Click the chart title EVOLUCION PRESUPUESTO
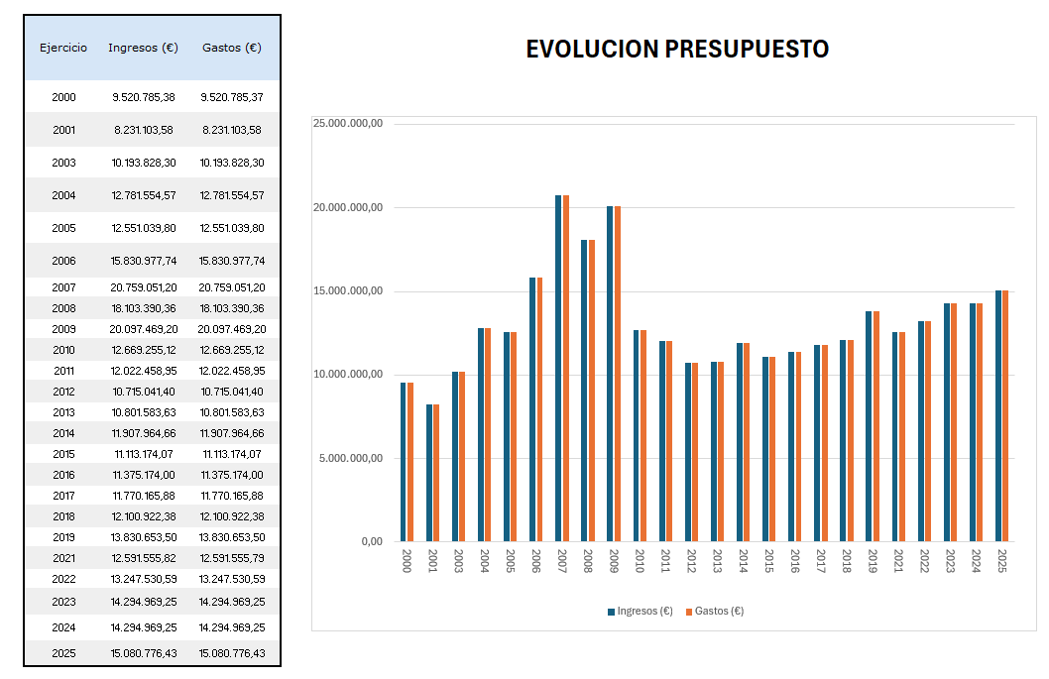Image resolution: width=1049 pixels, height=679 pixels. coord(677,50)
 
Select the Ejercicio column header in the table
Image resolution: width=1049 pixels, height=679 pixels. coord(63,48)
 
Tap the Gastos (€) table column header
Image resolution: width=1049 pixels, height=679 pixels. coord(232,48)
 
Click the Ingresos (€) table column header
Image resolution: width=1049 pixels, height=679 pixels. coord(143,48)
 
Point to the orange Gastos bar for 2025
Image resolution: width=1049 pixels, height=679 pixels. coord(1005,416)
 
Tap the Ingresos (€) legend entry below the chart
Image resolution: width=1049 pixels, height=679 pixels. coord(641,611)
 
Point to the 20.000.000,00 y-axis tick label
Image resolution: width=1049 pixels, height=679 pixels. coord(348,207)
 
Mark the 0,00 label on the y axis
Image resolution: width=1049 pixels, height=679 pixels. coord(371,541)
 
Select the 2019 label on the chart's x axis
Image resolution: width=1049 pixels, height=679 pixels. coord(872,561)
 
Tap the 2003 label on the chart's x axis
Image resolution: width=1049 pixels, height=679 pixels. coord(457,561)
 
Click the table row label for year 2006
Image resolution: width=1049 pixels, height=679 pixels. coord(63,261)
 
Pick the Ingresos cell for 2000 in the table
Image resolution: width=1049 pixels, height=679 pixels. coord(144,97)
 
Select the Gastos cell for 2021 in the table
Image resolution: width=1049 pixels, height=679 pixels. coord(233,558)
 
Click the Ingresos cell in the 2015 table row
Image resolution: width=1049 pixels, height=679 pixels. coord(144,454)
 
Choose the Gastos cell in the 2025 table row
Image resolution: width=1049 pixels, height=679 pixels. coord(233,653)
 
